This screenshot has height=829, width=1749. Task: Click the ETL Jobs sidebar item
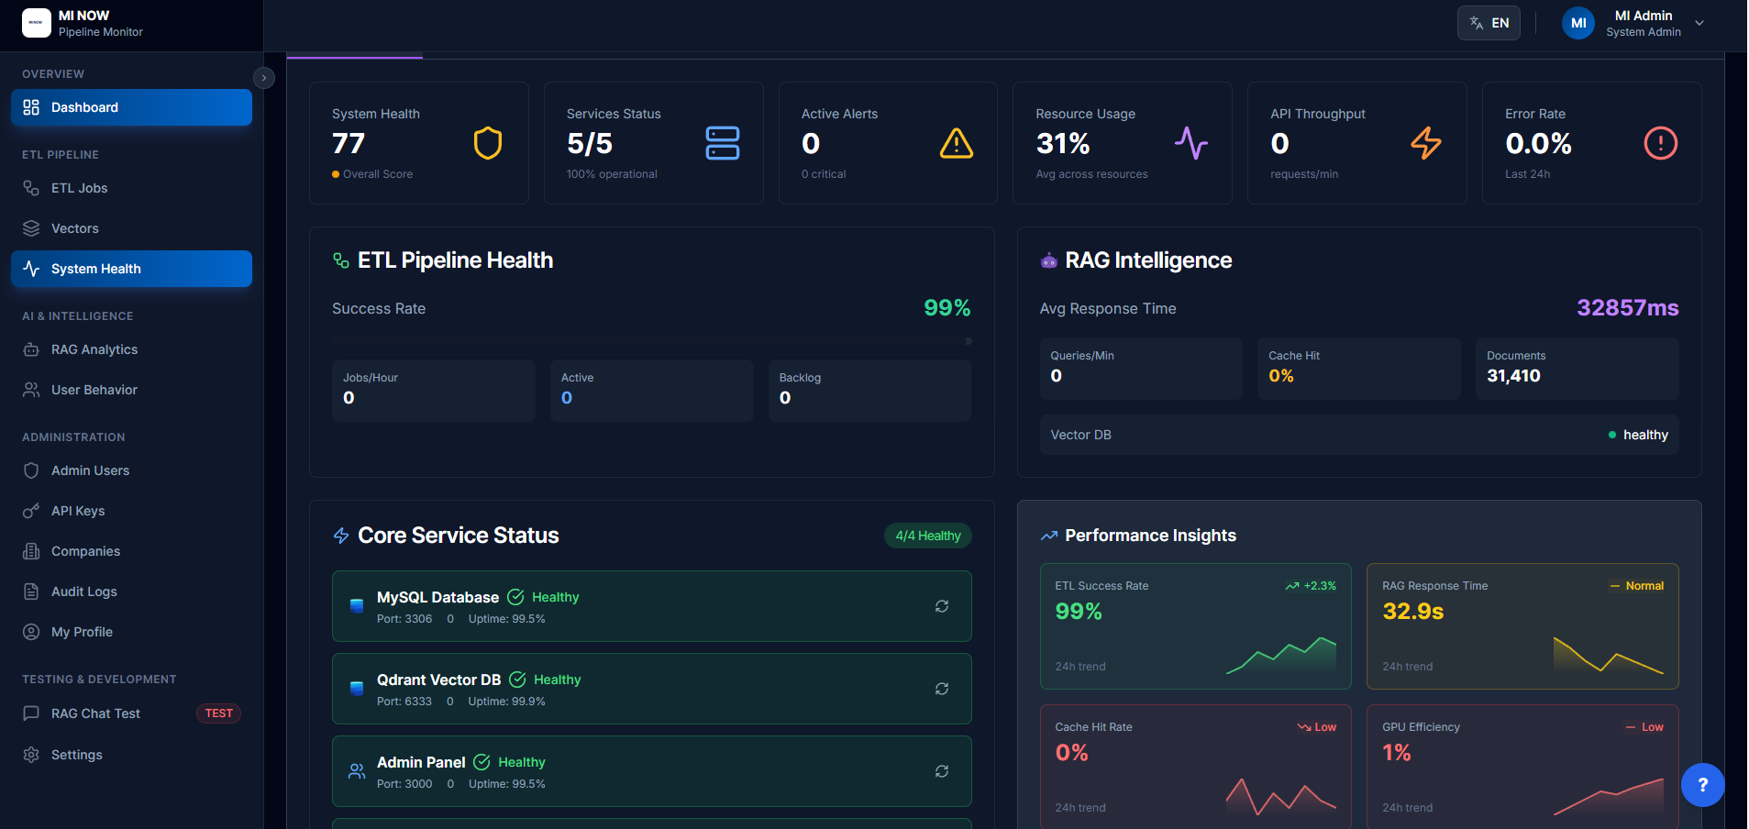(79, 188)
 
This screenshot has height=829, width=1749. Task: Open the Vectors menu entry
(74, 228)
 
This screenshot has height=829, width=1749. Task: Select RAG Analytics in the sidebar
(94, 349)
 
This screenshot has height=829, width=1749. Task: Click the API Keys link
(77, 511)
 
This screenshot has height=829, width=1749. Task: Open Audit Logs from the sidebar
(83, 591)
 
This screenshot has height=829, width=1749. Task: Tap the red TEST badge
(218, 713)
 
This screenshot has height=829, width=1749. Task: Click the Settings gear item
(76, 755)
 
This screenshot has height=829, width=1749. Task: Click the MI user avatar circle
(1578, 23)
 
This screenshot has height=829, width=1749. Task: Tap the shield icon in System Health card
(487, 143)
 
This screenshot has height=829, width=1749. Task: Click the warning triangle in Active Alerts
(956, 143)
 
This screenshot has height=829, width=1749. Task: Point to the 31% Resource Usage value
(1062, 144)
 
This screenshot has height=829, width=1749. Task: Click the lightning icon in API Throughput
(1425, 143)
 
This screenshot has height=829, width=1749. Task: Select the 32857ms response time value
(1627, 308)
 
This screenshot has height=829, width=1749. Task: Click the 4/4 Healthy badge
(927, 536)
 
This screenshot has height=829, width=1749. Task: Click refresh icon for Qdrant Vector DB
(941, 689)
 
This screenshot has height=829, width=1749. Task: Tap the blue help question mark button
(1702, 785)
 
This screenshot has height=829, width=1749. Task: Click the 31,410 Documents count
(1513, 376)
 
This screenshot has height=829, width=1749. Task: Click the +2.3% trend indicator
(1312, 586)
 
